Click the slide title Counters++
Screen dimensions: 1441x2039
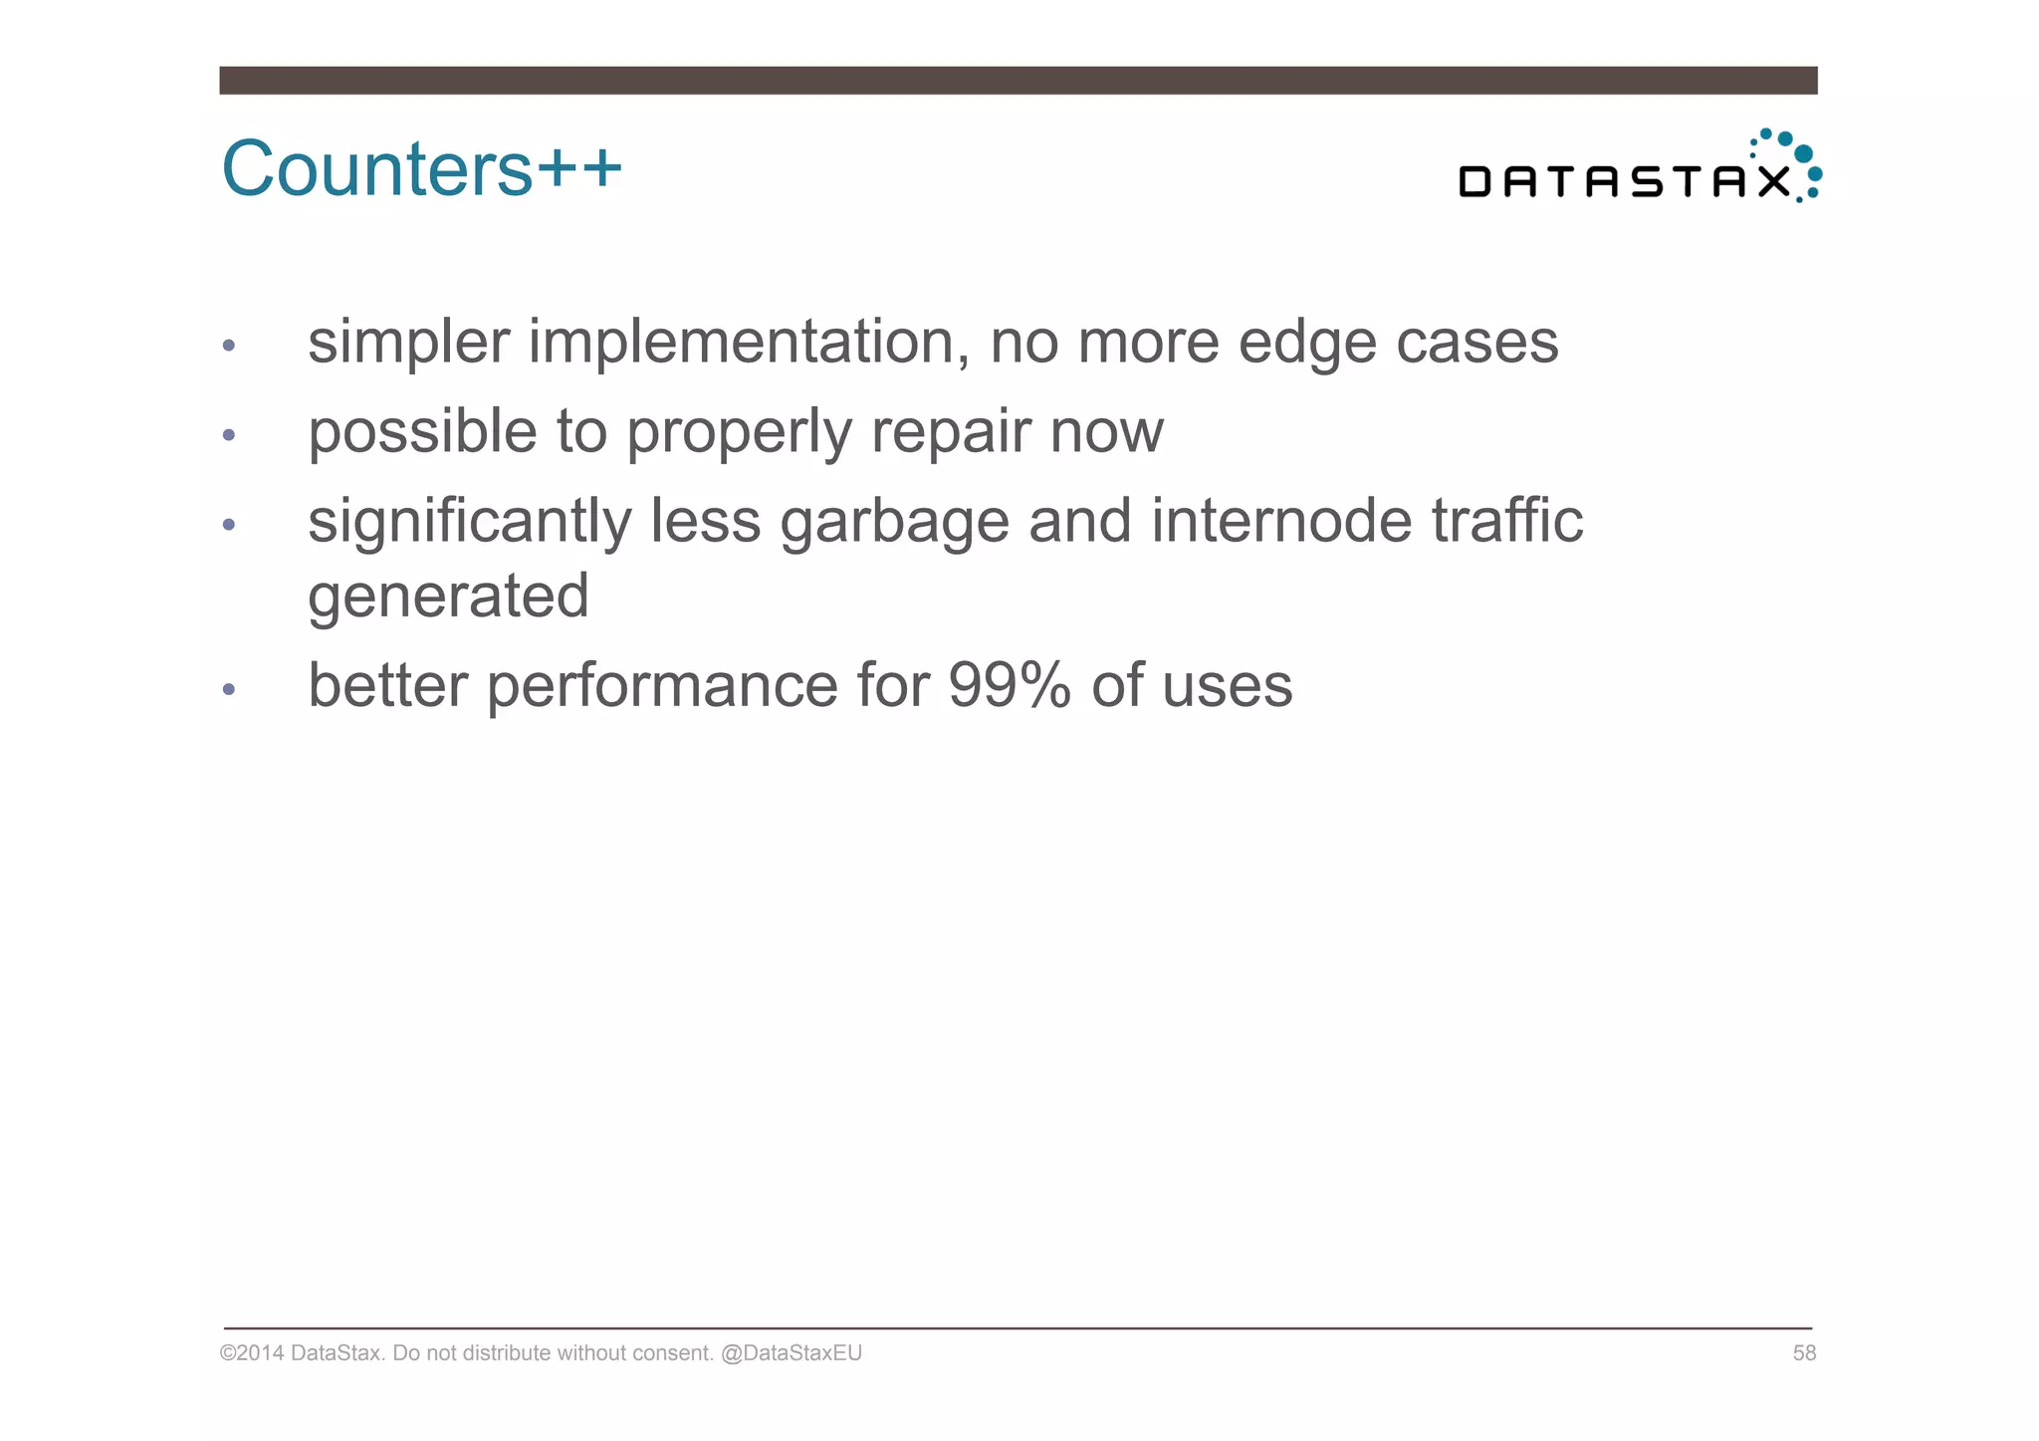(x=421, y=168)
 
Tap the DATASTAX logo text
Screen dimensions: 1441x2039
(x=1624, y=182)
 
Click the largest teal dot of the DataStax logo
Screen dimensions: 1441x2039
(x=1802, y=153)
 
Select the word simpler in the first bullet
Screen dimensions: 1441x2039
(x=408, y=343)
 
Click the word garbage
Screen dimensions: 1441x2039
(x=894, y=522)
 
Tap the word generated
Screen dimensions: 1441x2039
(x=448, y=597)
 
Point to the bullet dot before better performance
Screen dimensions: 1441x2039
(x=229, y=688)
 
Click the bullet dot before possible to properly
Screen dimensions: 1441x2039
(x=229, y=435)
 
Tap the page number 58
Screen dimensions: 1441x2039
(x=1804, y=1352)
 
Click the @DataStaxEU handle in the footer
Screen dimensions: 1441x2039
(x=792, y=1352)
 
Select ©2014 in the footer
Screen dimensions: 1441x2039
(x=252, y=1352)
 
